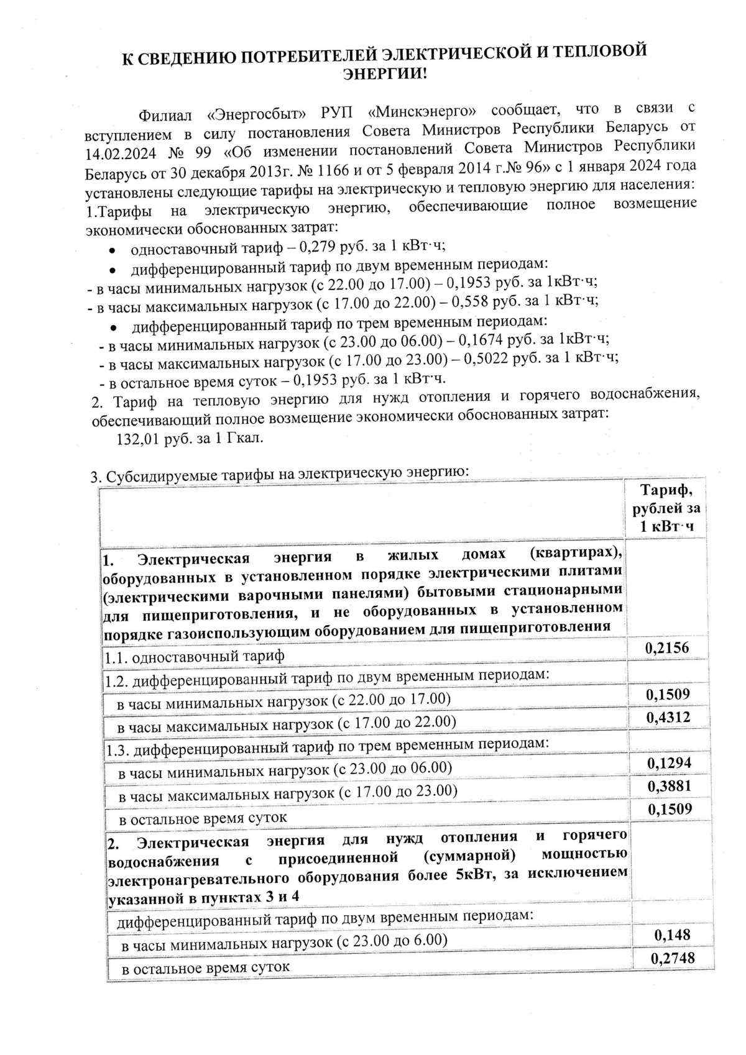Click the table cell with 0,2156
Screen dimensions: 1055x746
[x=667, y=648]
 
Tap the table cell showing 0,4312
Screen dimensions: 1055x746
[x=668, y=718]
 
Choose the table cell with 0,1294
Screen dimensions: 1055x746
[x=669, y=763]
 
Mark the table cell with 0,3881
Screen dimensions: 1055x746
[x=669, y=787]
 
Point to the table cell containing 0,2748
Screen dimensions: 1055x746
[x=672, y=959]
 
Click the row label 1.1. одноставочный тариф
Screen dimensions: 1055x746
[x=194, y=656]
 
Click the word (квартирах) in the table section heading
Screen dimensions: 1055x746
[x=576, y=553]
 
